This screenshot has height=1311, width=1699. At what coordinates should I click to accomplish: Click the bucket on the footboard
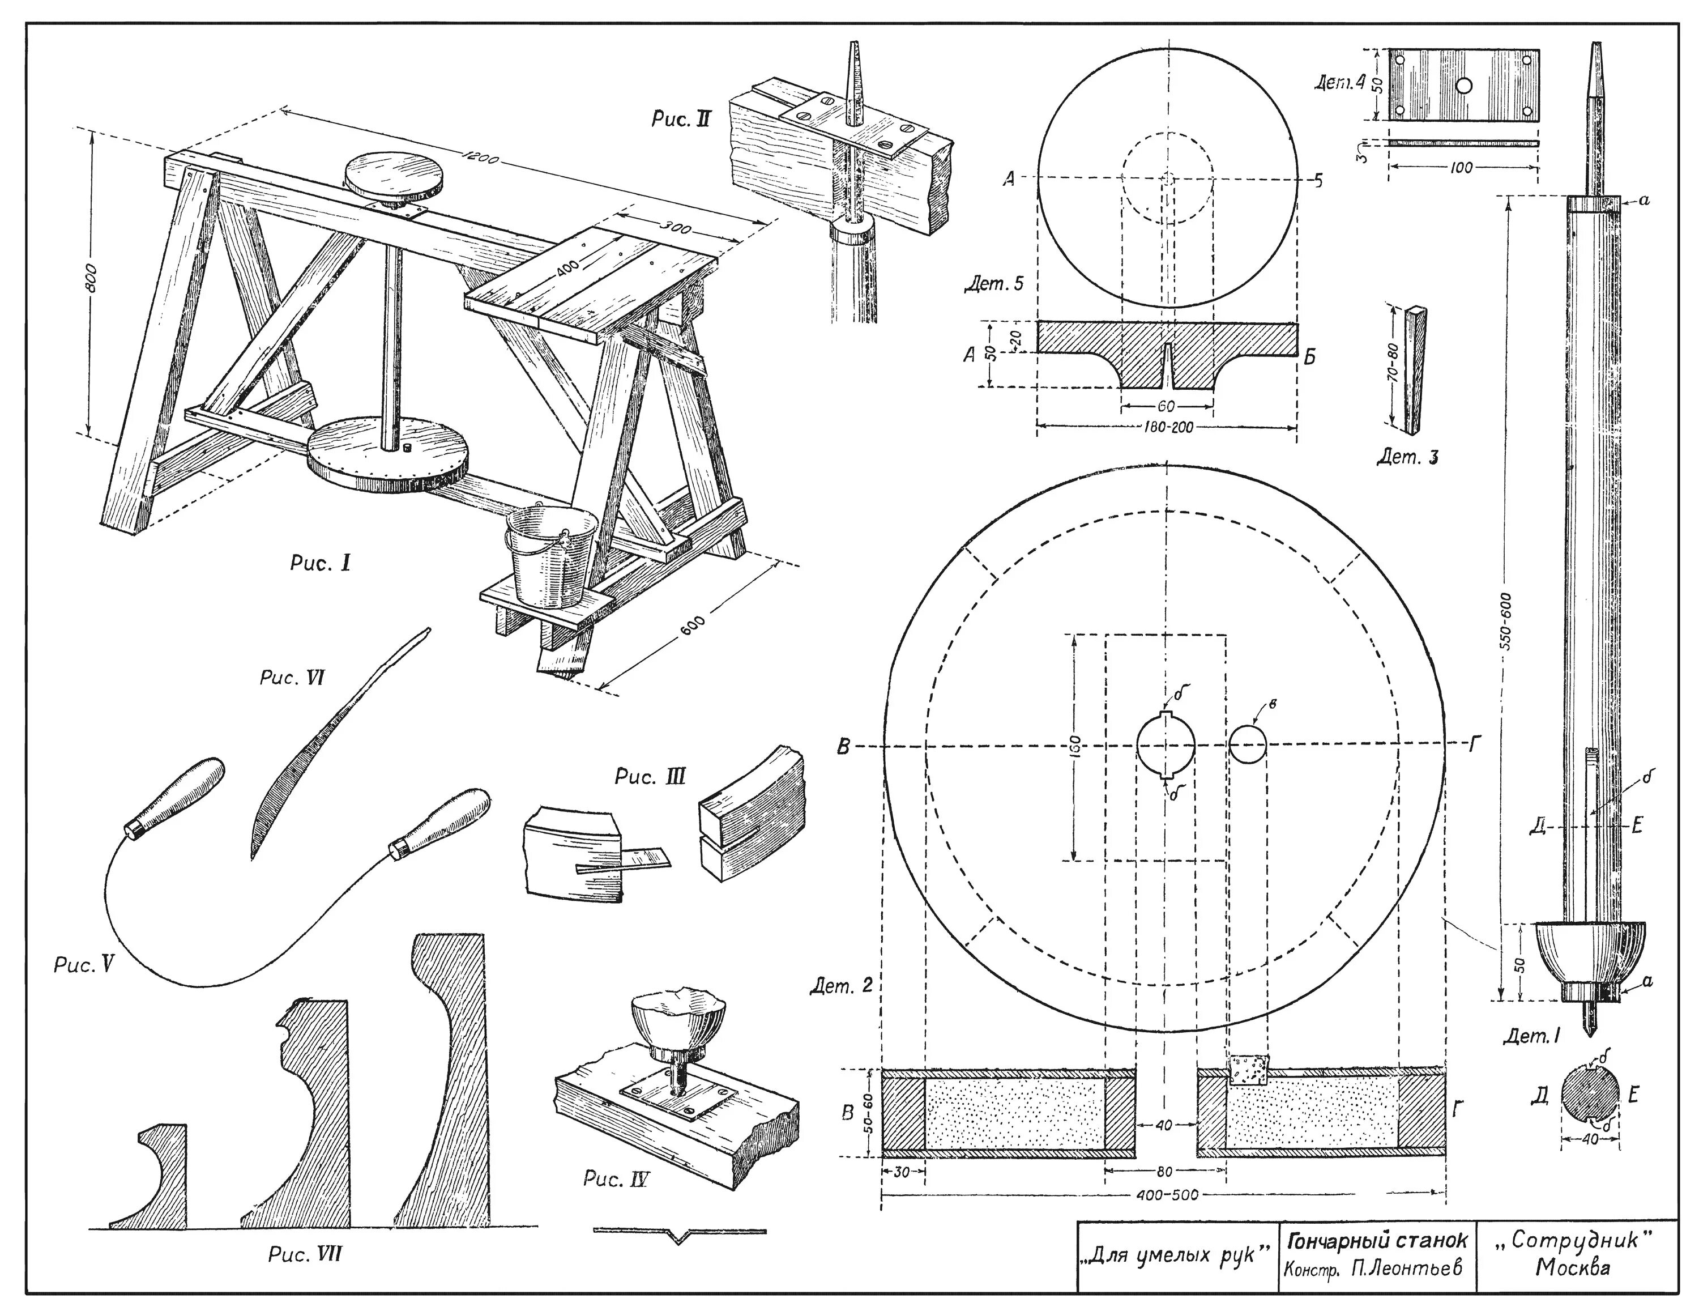point(549,557)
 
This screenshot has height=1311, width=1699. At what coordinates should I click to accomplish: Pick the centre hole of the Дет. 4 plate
point(1464,86)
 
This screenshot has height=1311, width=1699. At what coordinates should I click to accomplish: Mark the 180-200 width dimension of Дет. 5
point(1166,427)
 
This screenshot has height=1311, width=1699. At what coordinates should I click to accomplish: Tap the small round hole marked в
point(1248,744)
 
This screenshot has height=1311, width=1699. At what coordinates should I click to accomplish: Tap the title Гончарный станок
point(1377,1238)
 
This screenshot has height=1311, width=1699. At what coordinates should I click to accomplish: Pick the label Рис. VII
point(304,1254)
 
